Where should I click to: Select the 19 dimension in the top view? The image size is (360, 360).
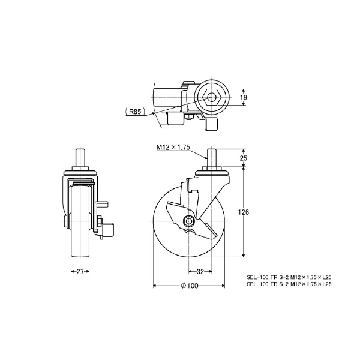click(x=244, y=97)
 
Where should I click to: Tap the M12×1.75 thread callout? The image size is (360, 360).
click(x=173, y=147)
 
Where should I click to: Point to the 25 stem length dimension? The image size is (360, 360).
click(x=244, y=158)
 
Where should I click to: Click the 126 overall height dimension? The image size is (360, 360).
click(x=243, y=212)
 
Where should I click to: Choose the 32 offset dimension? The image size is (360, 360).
click(x=200, y=272)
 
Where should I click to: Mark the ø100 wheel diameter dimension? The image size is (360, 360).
click(x=190, y=286)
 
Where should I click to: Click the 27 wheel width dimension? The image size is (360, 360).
click(x=80, y=272)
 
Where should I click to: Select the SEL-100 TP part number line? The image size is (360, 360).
click(x=289, y=277)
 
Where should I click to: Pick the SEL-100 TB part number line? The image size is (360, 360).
click(x=289, y=284)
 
